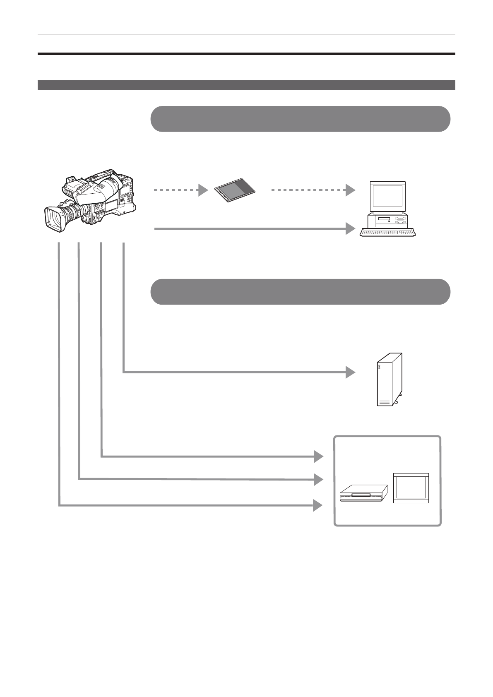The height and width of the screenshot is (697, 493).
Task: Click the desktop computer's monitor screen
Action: (x=387, y=196)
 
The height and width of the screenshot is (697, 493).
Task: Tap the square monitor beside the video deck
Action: (x=411, y=488)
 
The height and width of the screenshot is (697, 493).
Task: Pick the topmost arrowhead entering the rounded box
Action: (x=318, y=457)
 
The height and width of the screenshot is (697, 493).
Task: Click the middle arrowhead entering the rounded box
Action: (x=318, y=479)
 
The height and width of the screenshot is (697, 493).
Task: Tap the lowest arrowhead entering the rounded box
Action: (x=318, y=505)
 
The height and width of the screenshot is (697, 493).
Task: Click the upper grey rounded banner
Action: (x=300, y=119)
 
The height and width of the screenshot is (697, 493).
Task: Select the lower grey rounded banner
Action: (x=300, y=292)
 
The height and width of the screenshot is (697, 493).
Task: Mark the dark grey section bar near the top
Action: (x=246, y=85)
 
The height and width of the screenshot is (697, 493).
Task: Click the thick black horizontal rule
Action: (x=246, y=54)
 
